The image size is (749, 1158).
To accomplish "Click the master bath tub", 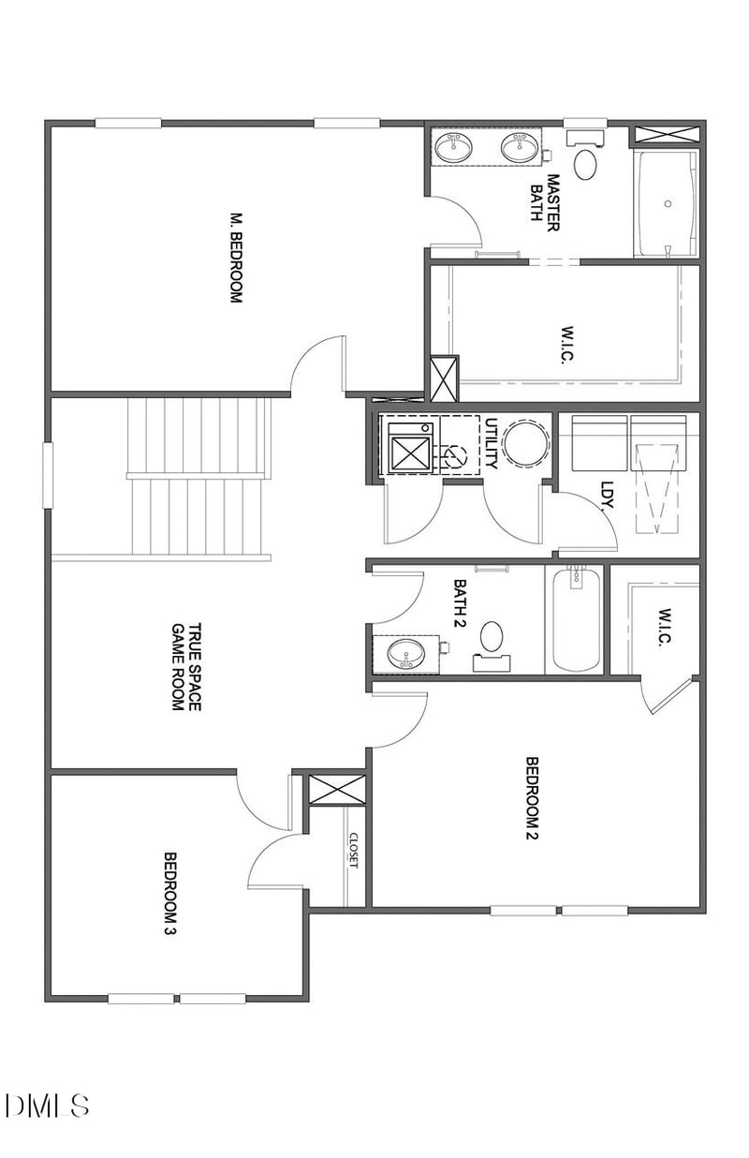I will (666, 203).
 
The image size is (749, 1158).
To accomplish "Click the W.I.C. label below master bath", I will (569, 343).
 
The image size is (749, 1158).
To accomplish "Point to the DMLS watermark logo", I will (48, 1104).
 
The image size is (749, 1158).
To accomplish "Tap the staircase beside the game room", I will (198, 477).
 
